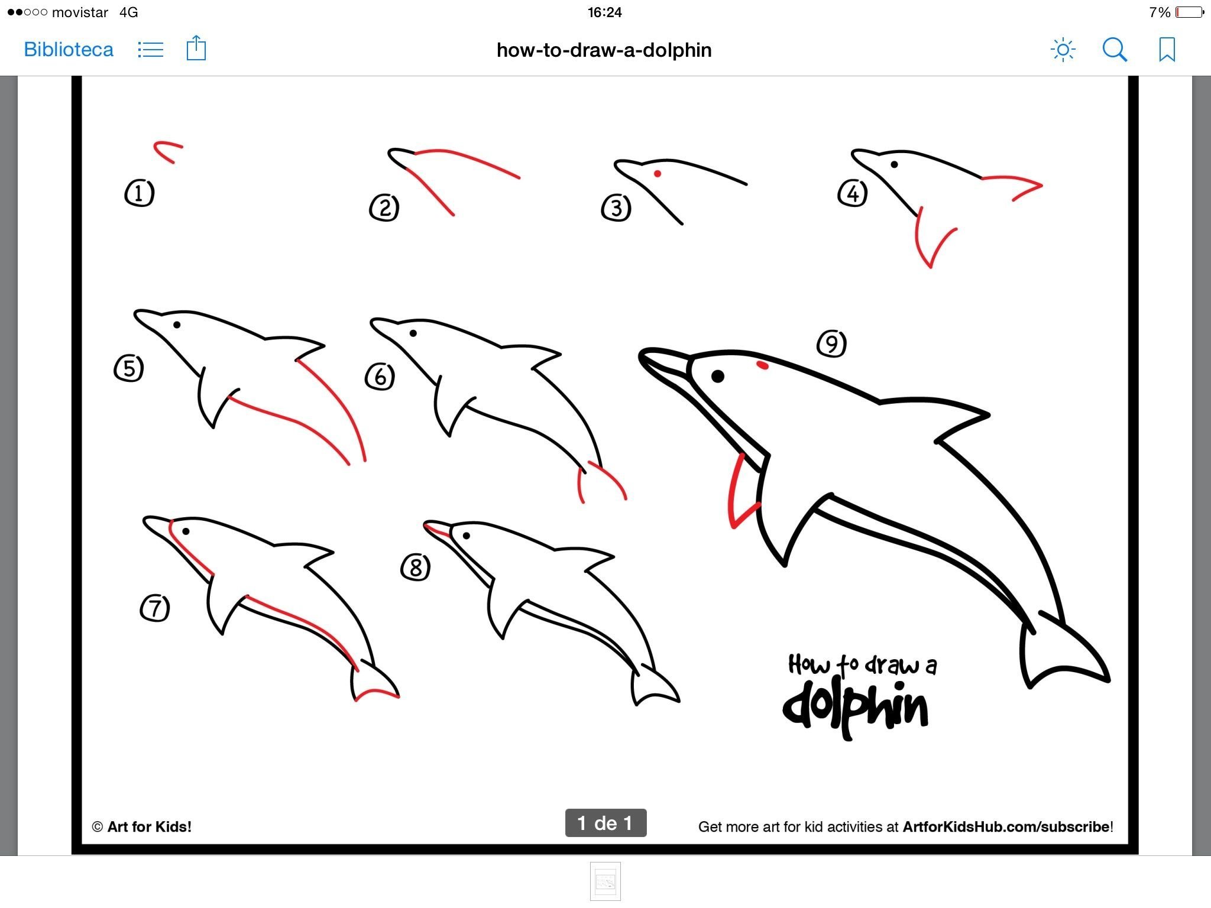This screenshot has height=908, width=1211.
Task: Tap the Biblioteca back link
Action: pyautogui.click(x=69, y=50)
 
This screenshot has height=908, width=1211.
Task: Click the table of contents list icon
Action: pyautogui.click(x=150, y=50)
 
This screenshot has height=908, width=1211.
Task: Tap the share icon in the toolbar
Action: pyautogui.click(x=196, y=48)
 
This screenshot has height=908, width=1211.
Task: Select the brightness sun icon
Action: pyautogui.click(x=1063, y=50)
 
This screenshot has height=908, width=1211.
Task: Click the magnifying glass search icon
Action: pyautogui.click(x=1115, y=50)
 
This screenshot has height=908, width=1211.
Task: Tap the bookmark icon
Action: pyautogui.click(x=1167, y=50)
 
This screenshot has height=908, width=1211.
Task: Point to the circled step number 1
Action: pyautogui.click(x=140, y=193)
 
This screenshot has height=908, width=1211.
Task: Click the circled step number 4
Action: pyautogui.click(x=853, y=193)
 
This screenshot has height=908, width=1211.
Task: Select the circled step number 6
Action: pyautogui.click(x=380, y=377)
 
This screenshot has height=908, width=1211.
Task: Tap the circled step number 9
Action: pyautogui.click(x=831, y=343)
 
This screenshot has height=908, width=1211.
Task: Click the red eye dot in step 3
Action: pyautogui.click(x=658, y=174)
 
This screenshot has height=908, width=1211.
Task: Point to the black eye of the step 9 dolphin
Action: pyautogui.click(x=718, y=376)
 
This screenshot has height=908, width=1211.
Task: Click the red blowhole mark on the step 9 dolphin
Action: pyautogui.click(x=763, y=366)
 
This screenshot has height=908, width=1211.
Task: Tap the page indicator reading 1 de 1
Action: pyautogui.click(x=605, y=823)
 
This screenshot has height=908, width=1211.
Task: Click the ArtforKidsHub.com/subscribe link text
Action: pyautogui.click(x=1006, y=826)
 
